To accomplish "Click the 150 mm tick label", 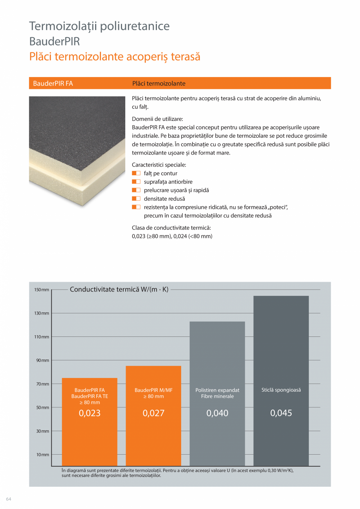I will tap(41, 290).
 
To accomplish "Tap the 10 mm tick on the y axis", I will tap(43, 455).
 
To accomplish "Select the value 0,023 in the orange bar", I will tap(90, 413).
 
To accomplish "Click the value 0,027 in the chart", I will tap(153, 413).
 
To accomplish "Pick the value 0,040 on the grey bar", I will tap(217, 413).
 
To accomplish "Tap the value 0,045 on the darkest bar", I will tap(281, 413).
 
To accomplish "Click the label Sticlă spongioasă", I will tap(281, 390).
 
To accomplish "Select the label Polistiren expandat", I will tap(217, 390).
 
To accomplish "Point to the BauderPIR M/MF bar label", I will tap(153, 390).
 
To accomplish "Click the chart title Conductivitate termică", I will tap(119, 290).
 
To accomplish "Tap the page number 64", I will tap(9, 499).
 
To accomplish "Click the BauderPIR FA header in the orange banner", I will tap(53, 83).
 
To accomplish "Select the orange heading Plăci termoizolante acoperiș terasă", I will tap(115, 56).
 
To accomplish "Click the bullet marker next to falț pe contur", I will tap(136, 173).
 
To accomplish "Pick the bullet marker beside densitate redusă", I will tap(136, 199).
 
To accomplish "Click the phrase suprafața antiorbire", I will tap(168, 182).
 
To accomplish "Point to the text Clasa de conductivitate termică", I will tap(171, 228).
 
